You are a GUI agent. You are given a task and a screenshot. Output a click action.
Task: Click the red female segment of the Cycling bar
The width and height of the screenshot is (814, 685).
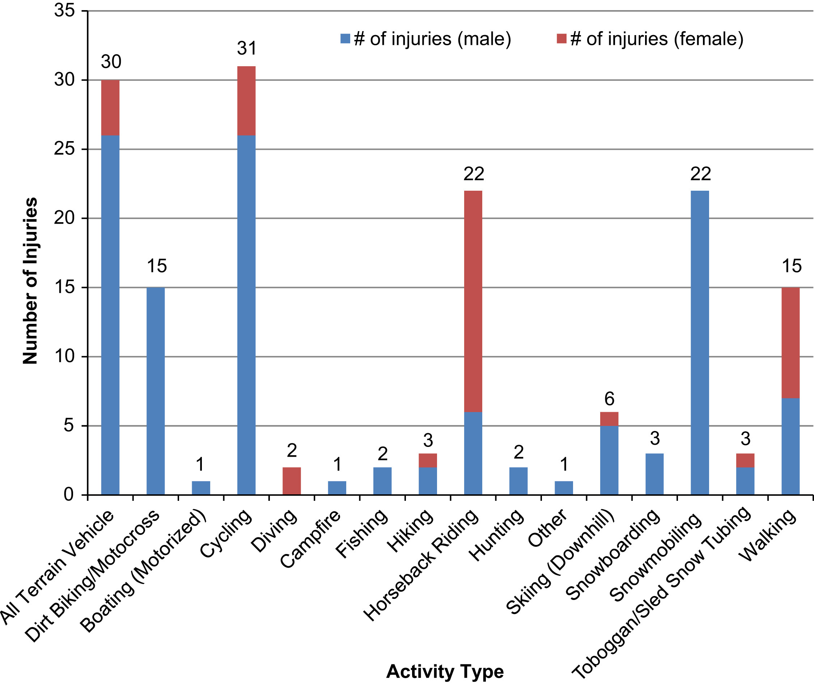point(246,101)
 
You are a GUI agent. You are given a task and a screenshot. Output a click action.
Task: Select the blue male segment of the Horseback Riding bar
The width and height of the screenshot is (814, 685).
point(473,453)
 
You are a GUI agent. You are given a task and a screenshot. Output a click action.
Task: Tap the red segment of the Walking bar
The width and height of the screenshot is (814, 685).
point(791,343)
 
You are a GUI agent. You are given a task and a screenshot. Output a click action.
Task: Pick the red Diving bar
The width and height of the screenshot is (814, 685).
point(292,481)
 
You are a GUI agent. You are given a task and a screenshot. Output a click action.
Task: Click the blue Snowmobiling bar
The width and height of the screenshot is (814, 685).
point(700,343)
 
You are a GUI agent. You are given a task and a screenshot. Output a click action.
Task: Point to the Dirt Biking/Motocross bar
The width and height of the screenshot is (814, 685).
point(156,392)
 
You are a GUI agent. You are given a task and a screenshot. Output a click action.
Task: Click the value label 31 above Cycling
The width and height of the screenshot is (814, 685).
point(247,48)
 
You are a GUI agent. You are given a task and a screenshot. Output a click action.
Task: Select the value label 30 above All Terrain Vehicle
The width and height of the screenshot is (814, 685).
point(111,62)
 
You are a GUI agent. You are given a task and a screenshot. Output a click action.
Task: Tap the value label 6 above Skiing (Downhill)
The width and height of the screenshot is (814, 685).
point(610,399)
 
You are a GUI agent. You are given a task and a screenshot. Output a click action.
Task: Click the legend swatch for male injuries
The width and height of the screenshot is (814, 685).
point(345,38)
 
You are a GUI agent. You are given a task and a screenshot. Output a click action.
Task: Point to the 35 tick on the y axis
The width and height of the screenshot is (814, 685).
point(85,11)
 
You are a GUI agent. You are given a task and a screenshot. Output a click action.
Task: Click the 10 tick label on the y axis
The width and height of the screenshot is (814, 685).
point(64,356)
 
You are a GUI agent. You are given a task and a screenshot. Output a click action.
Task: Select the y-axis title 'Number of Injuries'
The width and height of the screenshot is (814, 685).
point(30,281)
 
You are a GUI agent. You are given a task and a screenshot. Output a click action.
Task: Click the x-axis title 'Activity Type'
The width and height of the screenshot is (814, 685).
point(445,671)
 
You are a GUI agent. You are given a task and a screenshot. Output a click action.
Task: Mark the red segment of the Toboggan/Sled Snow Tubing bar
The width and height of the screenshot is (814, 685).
point(745,461)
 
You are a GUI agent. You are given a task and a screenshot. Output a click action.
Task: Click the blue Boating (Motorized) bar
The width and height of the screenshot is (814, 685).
point(201,488)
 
